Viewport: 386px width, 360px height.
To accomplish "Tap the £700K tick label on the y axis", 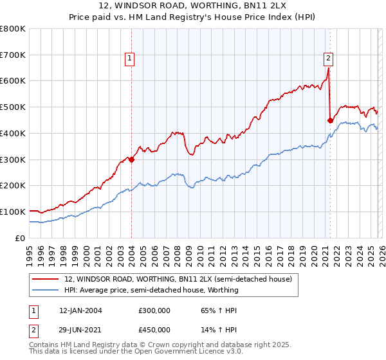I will point(13,55).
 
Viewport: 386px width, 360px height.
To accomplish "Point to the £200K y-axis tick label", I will point(13,186).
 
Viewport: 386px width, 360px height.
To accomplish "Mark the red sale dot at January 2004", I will point(131,159).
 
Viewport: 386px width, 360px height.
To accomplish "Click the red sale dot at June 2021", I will point(330,120).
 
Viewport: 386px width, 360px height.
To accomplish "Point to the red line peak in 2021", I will point(328,69).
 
